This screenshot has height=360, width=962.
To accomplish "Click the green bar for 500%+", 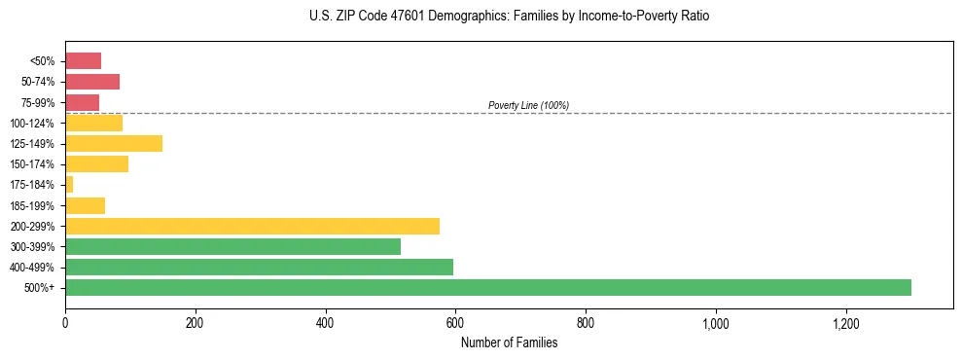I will [x=487, y=287].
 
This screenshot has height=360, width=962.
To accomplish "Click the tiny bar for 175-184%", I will [x=69, y=184].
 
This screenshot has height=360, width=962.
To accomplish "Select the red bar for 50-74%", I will [x=92, y=82].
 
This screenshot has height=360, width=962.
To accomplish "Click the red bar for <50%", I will [x=83, y=60].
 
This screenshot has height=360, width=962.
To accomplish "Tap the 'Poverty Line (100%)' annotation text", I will [x=528, y=105].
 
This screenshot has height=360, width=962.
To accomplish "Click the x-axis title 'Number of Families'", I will [x=509, y=342].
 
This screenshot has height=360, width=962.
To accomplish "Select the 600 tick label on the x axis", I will [x=455, y=323].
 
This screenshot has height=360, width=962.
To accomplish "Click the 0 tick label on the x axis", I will [x=65, y=323].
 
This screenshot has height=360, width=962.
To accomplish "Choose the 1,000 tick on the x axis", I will [x=715, y=323].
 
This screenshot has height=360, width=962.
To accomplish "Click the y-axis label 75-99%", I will [x=38, y=102].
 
